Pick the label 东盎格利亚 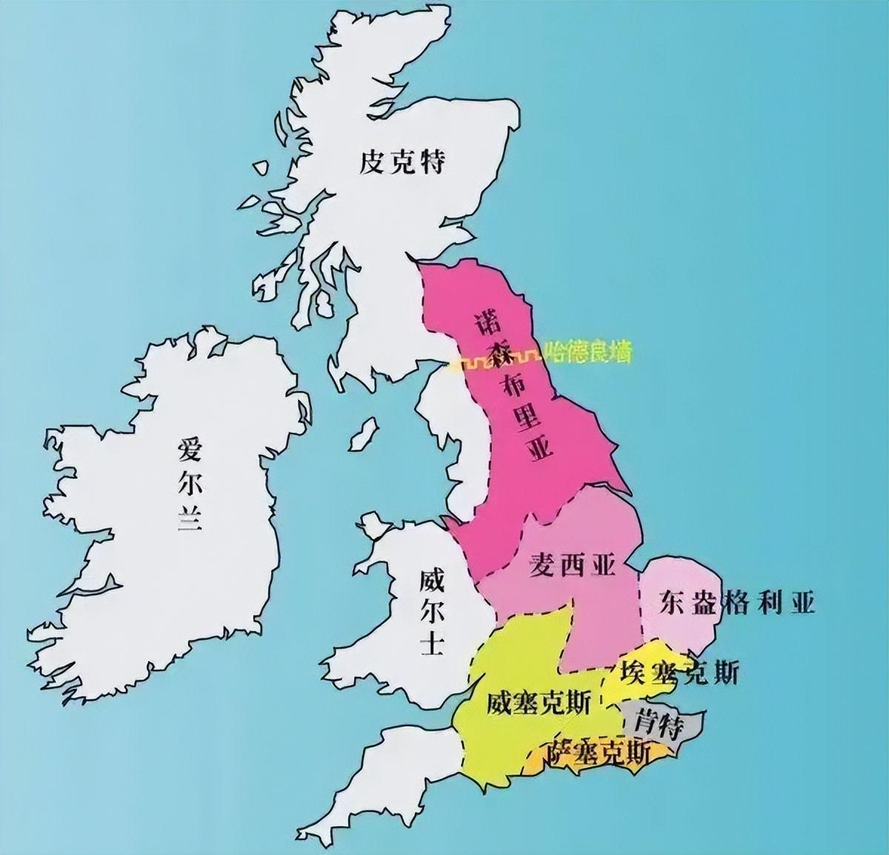736,603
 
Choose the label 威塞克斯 539,702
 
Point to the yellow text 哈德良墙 588,353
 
